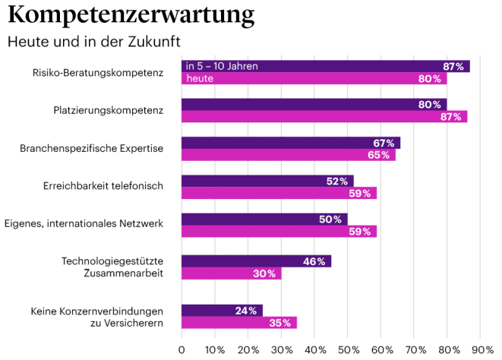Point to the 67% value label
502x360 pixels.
(x=384, y=143)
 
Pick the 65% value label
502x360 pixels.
(x=379, y=155)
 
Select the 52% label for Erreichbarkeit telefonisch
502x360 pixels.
(x=337, y=182)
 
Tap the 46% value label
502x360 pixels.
(x=314, y=261)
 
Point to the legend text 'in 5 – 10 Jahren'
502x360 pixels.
(x=222, y=66)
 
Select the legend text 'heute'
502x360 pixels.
(x=199, y=78)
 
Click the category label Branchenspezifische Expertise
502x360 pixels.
(x=91, y=148)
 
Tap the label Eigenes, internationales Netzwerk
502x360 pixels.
(x=84, y=224)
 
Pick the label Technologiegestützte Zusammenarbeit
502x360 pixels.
(x=112, y=267)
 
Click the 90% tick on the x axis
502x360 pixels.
(x=481, y=349)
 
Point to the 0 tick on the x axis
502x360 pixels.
(x=182, y=349)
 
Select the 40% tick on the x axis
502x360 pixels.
(x=314, y=349)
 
